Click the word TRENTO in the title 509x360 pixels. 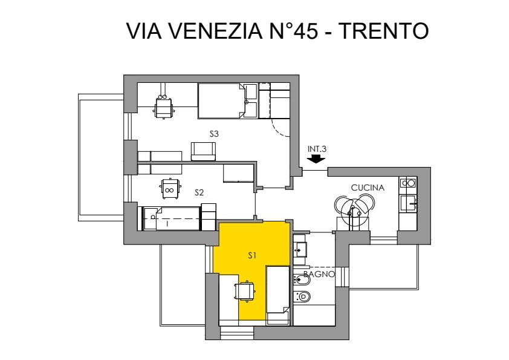(384, 31)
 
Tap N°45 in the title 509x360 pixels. (294, 31)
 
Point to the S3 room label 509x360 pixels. (214, 134)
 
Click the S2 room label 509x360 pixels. (199, 192)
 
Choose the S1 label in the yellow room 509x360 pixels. (252, 256)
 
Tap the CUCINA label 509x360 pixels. (368, 188)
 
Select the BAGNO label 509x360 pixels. (319, 274)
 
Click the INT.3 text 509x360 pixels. (317, 149)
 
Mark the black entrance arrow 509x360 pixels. (316, 159)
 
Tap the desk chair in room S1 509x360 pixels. (245, 291)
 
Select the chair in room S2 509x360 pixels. (169, 188)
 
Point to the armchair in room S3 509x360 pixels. (204, 151)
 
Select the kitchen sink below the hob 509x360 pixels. (409, 204)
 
